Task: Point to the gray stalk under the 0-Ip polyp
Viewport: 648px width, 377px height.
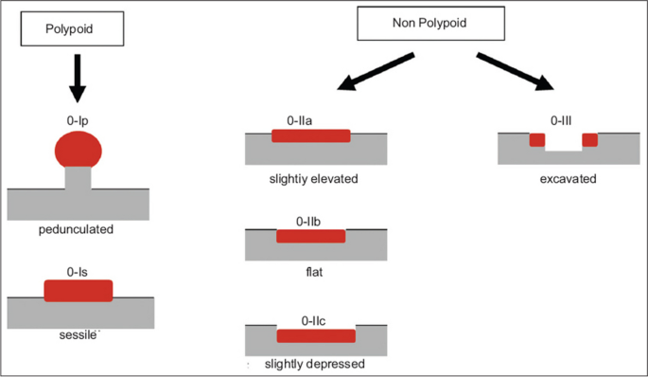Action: [x=78, y=178]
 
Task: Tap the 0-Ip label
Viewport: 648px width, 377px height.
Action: [x=78, y=121]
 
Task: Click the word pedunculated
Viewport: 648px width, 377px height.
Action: [x=78, y=230]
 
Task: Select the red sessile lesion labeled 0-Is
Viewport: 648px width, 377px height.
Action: [x=79, y=291]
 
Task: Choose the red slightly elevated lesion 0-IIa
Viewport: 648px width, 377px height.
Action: [x=311, y=135]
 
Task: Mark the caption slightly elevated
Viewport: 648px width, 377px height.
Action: [x=313, y=178]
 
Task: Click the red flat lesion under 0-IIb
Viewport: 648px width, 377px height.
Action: [x=311, y=236]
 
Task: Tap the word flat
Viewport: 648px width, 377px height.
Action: [x=311, y=271]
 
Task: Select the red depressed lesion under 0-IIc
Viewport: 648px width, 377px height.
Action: [x=315, y=335]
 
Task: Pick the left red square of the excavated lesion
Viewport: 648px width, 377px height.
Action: [x=537, y=140]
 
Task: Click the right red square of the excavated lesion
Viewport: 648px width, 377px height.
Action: [x=590, y=140]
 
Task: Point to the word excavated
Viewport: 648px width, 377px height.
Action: [x=563, y=178]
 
